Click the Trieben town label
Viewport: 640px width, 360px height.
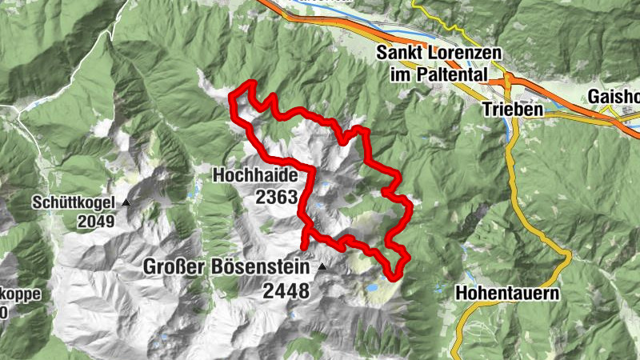point(512,108)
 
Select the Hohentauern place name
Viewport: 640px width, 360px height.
point(507,294)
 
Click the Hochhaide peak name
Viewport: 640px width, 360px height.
point(255,175)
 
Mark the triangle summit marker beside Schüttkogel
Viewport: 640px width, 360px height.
point(126,203)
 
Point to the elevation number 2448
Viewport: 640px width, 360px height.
point(285,291)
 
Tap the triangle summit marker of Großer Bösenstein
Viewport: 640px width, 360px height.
point(322,267)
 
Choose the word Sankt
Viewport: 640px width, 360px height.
point(398,54)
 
